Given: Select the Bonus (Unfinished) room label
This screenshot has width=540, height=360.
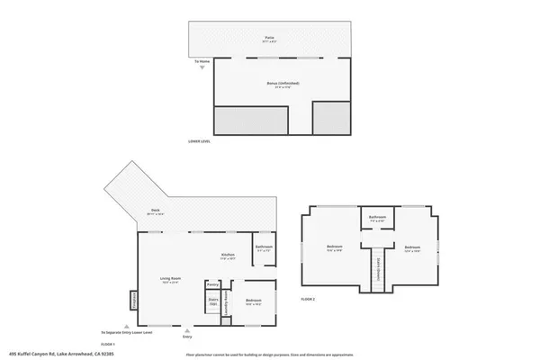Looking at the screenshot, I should pos(283,84).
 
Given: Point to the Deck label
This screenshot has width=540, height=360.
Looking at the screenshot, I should pos(155,211).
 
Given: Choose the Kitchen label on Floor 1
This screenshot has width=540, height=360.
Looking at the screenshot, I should pos(228,255).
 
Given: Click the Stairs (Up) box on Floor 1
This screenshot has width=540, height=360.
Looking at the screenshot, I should pos(213,301).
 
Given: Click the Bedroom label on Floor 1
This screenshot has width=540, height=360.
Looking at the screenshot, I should pos(252,301).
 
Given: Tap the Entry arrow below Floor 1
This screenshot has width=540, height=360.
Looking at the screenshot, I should pos(187,332).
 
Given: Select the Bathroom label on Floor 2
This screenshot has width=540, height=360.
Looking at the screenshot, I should pos(378,218).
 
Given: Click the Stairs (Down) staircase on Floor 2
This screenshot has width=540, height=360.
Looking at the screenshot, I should pos(379,266).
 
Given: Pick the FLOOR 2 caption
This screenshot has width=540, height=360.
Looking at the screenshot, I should pos(309,297).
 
